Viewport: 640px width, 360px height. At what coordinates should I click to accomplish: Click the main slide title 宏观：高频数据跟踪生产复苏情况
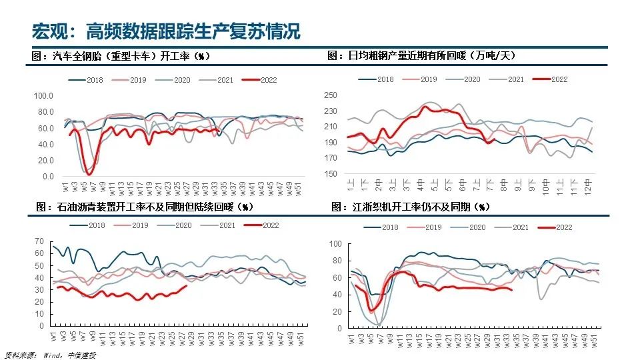[x=166, y=31]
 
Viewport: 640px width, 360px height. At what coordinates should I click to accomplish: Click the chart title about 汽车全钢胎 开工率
[x=121, y=57]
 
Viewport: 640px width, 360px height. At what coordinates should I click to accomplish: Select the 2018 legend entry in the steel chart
[x=377, y=79]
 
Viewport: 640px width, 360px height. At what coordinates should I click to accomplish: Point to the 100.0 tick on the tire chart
[x=44, y=96]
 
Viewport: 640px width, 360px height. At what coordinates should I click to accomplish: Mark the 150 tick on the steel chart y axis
[x=331, y=174]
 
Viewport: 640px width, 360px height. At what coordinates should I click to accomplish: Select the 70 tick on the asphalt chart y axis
[x=39, y=241]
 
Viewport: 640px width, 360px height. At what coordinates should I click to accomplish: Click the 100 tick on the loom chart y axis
[x=335, y=244]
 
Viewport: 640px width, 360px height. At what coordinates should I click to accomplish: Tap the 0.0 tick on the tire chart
[x=47, y=177]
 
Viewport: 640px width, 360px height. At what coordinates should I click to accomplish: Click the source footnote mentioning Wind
[x=50, y=355]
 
